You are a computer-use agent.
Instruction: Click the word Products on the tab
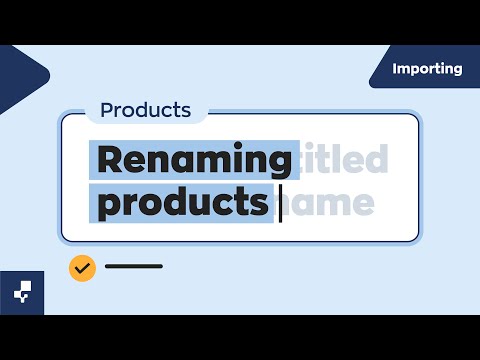[x=146, y=110]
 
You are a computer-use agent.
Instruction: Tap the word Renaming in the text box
[x=194, y=160]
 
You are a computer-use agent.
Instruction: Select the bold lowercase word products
[x=184, y=203]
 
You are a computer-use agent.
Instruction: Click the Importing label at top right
[x=427, y=69]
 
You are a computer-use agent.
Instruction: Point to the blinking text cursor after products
[x=280, y=203]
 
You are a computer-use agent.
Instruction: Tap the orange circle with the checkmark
[x=82, y=267]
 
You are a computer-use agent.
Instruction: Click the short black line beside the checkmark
[x=133, y=267]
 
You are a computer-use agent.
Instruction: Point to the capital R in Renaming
[x=111, y=160]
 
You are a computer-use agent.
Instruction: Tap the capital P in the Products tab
[x=107, y=110]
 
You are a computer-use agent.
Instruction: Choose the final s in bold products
[x=260, y=204]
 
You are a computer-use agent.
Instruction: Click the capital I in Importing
[x=395, y=69]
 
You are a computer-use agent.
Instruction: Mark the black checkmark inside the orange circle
[x=82, y=267]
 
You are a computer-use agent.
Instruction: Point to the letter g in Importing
[x=457, y=71]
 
